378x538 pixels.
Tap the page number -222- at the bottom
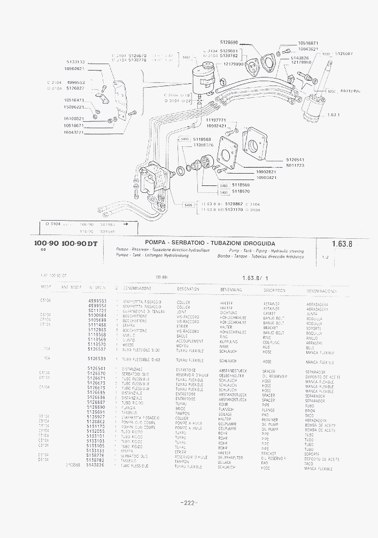click(x=189, y=503)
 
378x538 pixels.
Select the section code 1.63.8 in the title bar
click(x=342, y=244)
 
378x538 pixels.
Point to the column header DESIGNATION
click(x=188, y=289)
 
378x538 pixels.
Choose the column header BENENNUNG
click(x=231, y=290)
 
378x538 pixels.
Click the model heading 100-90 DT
click(x=80, y=244)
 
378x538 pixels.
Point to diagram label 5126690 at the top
click(x=229, y=42)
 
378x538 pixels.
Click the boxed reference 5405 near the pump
click(x=188, y=205)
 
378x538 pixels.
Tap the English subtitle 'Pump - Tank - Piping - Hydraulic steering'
click(x=266, y=251)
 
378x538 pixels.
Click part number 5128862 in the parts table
click(x=97, y=421)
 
